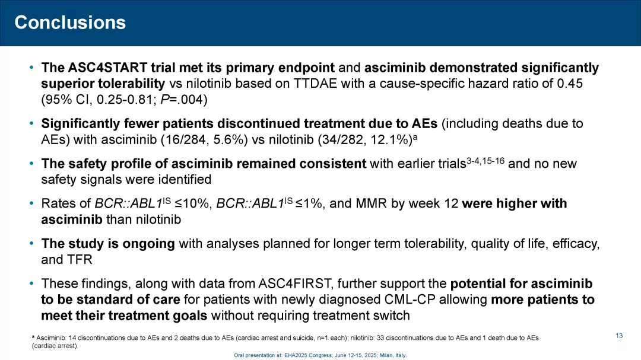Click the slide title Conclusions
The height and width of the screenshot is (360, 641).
[x=70, y=23]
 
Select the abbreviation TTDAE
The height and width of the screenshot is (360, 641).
[x=316, y=84]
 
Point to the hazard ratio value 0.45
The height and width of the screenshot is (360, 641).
[x=570, y=84]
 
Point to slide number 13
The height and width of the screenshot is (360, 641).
[x=619, y=336]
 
